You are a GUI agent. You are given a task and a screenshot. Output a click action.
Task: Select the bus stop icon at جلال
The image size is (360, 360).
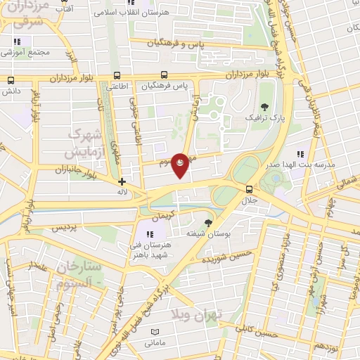pos(249,188)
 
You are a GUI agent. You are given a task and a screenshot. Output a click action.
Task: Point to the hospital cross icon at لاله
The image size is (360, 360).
pos(122,181)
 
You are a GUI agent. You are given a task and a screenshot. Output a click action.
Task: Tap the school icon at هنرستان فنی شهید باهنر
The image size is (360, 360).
pos(149,234)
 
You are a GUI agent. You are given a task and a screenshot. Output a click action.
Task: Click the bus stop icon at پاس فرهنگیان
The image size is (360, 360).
pos(165,75)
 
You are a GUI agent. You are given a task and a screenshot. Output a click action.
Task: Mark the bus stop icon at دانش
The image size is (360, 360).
pos(10,81)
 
